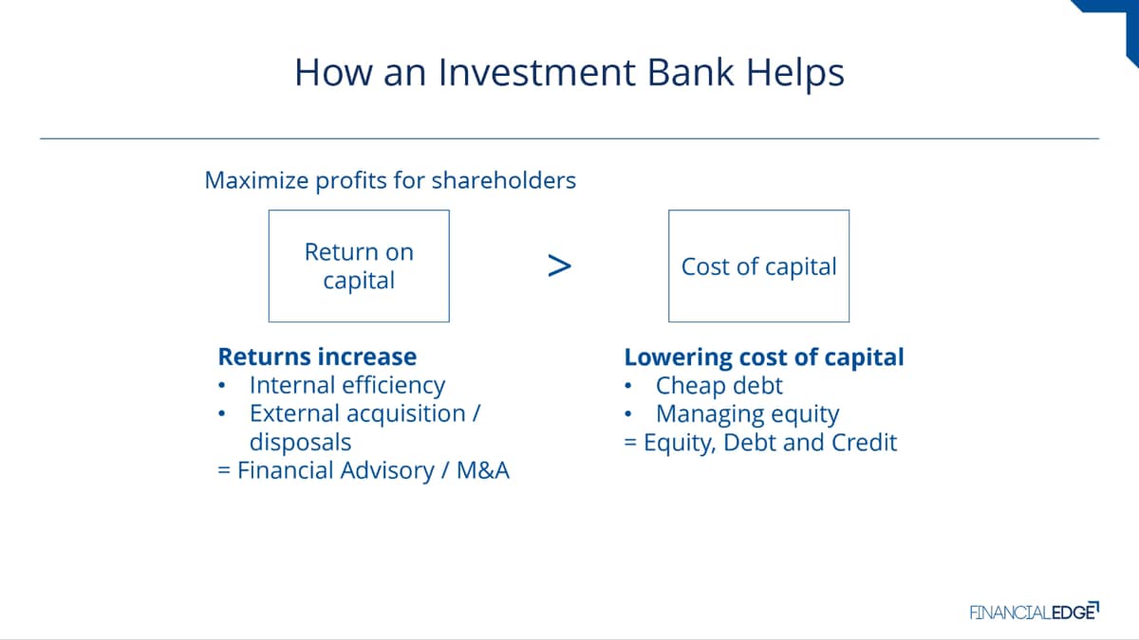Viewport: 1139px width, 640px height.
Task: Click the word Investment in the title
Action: [x=536, y=72]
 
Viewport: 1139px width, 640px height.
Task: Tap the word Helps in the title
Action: [x=795, y=74]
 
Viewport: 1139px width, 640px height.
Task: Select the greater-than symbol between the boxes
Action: [x=559, y=265]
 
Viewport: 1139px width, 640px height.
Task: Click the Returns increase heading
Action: [x=317, y=357]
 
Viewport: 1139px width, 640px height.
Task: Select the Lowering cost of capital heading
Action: [x=764, y=357]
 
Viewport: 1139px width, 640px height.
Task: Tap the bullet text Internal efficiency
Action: [x=347, y=385]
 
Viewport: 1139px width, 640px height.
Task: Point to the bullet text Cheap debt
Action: [x=719, y=386]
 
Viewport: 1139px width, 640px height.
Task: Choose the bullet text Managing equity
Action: [x=748, y=414]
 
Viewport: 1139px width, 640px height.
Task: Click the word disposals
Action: [x=301, y=443]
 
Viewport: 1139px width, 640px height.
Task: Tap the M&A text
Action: [x=483, y=470]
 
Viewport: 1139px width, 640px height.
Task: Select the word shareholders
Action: [x=504, y=180]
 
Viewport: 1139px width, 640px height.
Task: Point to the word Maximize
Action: [x=257, y=180]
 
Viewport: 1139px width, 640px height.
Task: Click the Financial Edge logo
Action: [x=1035, y=612]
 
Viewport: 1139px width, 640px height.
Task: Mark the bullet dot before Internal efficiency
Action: [x=222, y=386]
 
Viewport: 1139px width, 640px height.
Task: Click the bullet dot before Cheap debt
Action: [x=628, y=386]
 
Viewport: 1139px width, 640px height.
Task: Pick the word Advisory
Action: [x=387, y=471]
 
